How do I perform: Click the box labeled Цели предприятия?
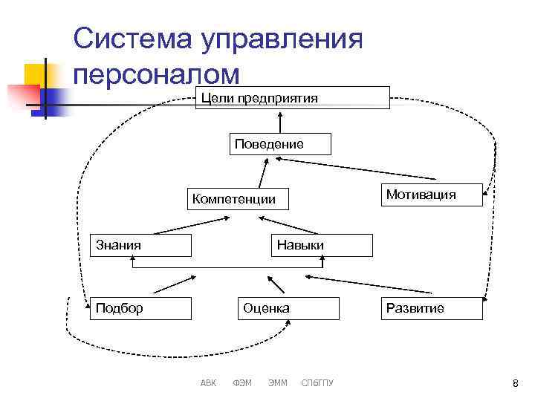pos(292,98)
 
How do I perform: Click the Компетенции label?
pos(233,199)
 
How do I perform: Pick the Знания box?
pos(140,244)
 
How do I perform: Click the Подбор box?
pos(140,308)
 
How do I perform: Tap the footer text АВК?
pos(209,383)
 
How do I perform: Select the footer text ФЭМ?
pos(242,383)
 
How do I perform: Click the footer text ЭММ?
pos(278,383)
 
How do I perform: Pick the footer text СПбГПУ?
pos(318,383)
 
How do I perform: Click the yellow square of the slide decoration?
pos(35,75)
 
